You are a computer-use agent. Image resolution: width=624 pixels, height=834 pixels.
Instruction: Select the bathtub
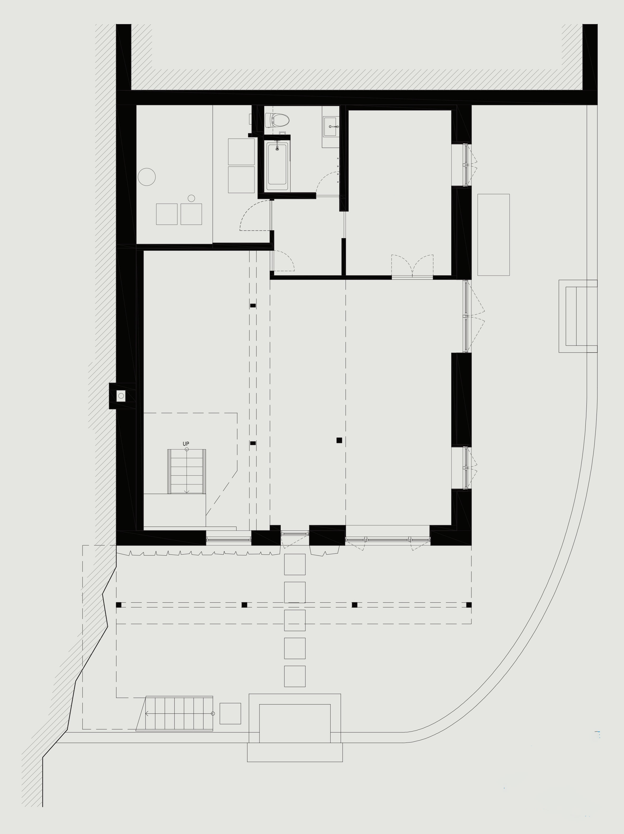277,166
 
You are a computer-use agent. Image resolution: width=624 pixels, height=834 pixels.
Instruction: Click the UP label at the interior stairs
186,444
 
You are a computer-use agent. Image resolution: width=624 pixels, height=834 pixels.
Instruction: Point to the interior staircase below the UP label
187,471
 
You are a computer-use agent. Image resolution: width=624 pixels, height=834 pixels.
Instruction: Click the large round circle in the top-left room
147,177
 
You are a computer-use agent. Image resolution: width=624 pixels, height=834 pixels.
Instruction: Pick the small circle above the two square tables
191,198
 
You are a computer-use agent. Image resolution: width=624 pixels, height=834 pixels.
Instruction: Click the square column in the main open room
339,440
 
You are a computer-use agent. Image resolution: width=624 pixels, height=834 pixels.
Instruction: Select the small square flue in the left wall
121,396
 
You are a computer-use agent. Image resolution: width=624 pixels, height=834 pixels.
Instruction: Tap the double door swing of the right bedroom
412,263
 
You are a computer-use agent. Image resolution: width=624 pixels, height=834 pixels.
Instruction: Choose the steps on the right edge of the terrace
578,316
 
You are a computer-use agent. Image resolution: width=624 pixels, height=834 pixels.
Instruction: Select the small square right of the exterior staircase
230,713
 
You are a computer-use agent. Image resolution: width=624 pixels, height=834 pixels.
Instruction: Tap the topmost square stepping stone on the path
295,564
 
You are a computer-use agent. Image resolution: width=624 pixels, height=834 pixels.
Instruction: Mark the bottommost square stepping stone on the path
295,676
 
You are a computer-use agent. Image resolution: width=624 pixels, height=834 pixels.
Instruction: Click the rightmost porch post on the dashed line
469,605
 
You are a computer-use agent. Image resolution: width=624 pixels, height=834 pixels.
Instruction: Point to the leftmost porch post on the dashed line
119,605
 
